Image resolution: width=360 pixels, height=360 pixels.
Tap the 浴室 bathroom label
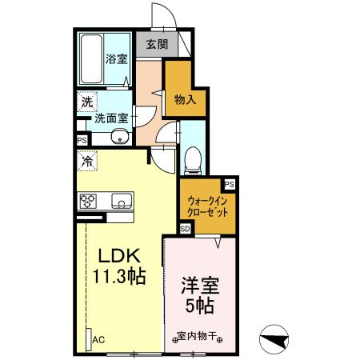pos(117,58)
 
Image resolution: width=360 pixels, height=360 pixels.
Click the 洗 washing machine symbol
pos(86,102)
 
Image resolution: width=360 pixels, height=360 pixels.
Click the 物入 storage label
pos(184,99)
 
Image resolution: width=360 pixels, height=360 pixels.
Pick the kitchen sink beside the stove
pos(121,200)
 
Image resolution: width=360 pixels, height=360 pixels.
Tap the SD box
pos(185,229)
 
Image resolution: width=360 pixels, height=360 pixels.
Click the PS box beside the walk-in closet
pos(230,185)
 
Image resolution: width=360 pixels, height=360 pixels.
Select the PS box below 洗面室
pos(82,140)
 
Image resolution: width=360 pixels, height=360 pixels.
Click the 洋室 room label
pos(200,286)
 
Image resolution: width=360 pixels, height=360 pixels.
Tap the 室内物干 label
pos(197,336)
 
